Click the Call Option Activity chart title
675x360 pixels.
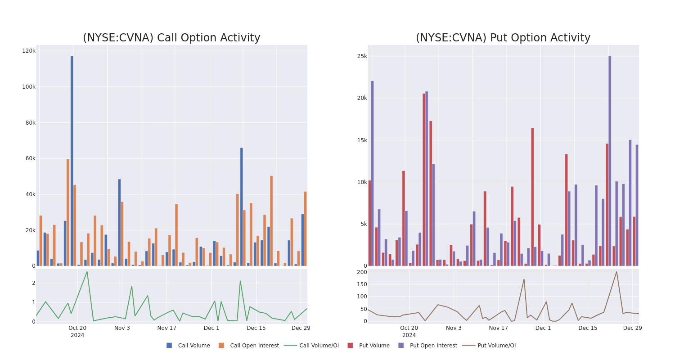coord(171,38)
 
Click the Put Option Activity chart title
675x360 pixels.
coord(503,38)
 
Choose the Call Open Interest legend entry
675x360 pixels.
coord(254,346)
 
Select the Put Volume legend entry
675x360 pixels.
coord(374,346)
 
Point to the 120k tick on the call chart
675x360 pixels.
coord(29,51)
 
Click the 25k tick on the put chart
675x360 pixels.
coord(362,56)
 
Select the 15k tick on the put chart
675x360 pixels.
coord(362,140)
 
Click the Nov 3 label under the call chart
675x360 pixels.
coord(122,328)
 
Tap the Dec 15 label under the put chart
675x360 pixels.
coord(588,328)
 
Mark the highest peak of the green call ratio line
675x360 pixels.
coord(87,271)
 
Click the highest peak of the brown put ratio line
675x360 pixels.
coord(616,271)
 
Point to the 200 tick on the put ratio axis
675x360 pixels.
coord(362,272)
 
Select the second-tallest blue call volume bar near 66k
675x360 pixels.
coord(241,207)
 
